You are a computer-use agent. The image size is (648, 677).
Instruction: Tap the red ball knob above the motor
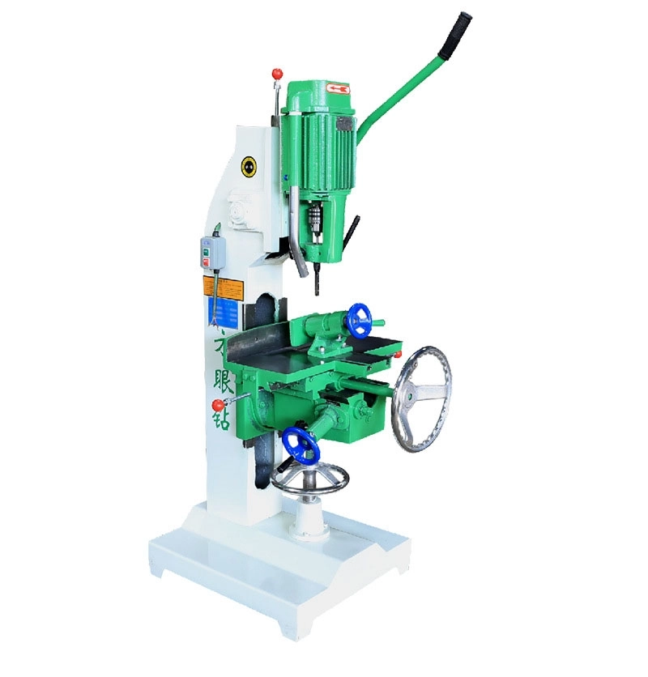pos(277,74)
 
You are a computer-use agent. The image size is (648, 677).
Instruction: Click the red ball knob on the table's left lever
pos(218,404)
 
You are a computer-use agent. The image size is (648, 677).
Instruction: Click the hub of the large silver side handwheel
pos(413,396)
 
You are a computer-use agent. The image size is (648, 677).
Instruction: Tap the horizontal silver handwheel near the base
pos(309,480)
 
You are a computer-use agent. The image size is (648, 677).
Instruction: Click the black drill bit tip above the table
pos(317,284)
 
